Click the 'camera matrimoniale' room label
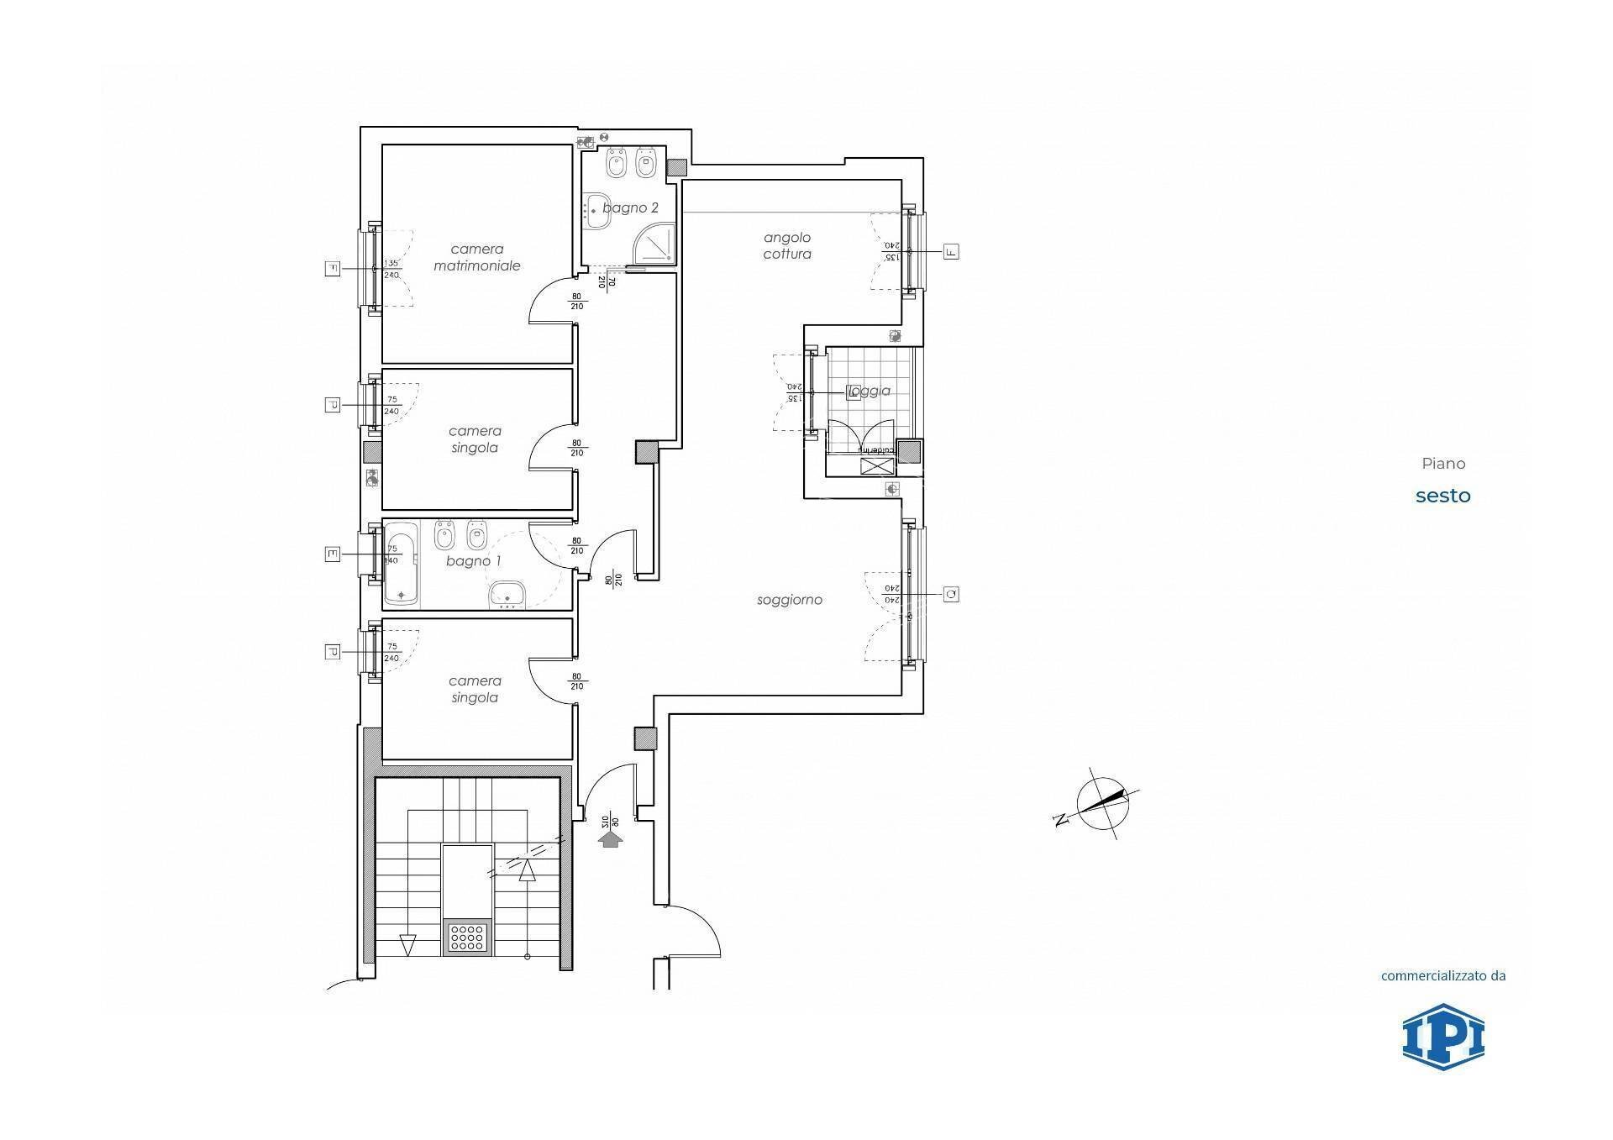(x=476, y=257)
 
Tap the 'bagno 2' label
(x=630, y=208)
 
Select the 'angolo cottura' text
(x=787, y=246)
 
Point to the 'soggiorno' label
(x=789, y=600)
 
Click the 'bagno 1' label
(x=473, y=561)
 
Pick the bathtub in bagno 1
(x=401, y=565)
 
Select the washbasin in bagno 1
(x=507, y=594)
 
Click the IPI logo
(x=1443, y=1037)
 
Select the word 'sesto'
(x=1443, y=496)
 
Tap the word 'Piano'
(x=1443, y=464)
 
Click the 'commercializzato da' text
(x=1443, y=976)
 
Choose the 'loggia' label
(x=870, y=391)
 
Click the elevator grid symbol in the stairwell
(x=467, y=938)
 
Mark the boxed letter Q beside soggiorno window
(x=951, y=595)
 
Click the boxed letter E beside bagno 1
(x=333, y=554)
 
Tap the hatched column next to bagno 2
(x=675, y=167)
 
